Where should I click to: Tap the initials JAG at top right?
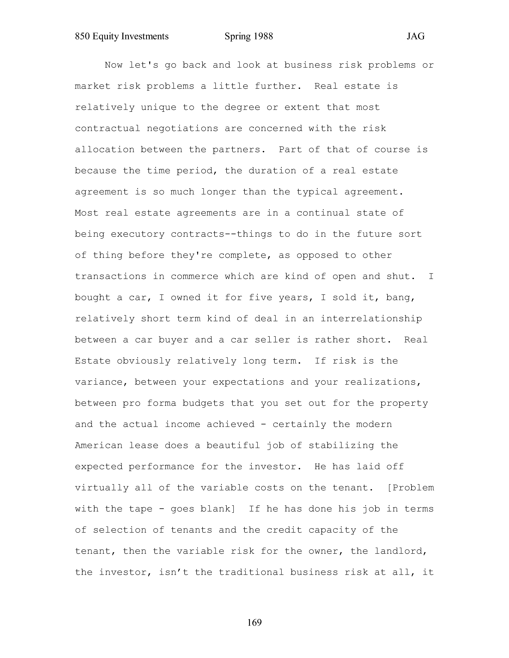pyautogui.click(x=415, y=36)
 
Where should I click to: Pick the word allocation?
pyautogui.click(x=105, y=150)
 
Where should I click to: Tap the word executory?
pyautogui.click(x=138, y=234)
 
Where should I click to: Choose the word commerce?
pyautogui.click(x=195, y=277)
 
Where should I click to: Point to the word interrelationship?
pyautogui.click(x=371, y=319)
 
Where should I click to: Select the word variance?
pyautogui.click(x=102, y=382)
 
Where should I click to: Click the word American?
pyautogui.click(x=99, y=446)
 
